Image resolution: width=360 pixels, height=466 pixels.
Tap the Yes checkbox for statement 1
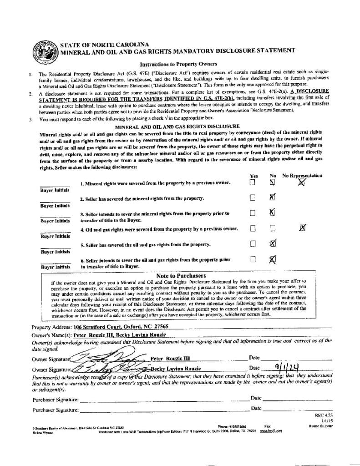pos(253,182)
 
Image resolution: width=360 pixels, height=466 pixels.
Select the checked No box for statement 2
pos(272,198)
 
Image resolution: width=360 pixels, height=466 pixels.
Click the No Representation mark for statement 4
pos(302,228)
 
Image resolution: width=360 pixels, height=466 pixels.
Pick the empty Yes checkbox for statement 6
pos(253,259)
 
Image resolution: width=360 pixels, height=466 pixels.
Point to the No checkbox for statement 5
pos(272,243)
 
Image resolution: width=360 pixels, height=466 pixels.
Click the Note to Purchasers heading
pos(181,276)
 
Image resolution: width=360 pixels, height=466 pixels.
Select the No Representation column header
pos(302,175)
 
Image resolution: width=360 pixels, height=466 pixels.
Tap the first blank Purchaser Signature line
pos(164,400)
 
